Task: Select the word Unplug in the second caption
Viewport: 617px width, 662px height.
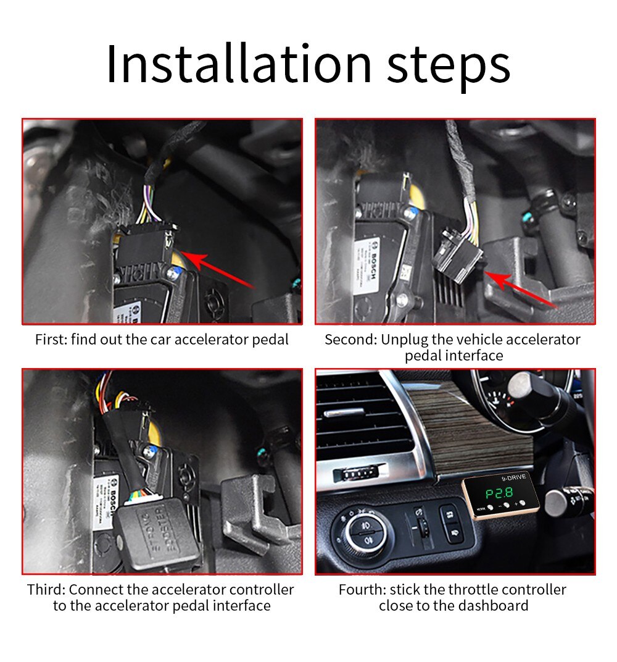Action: [400, 340]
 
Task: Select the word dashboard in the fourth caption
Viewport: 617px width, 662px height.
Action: [494, 605]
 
